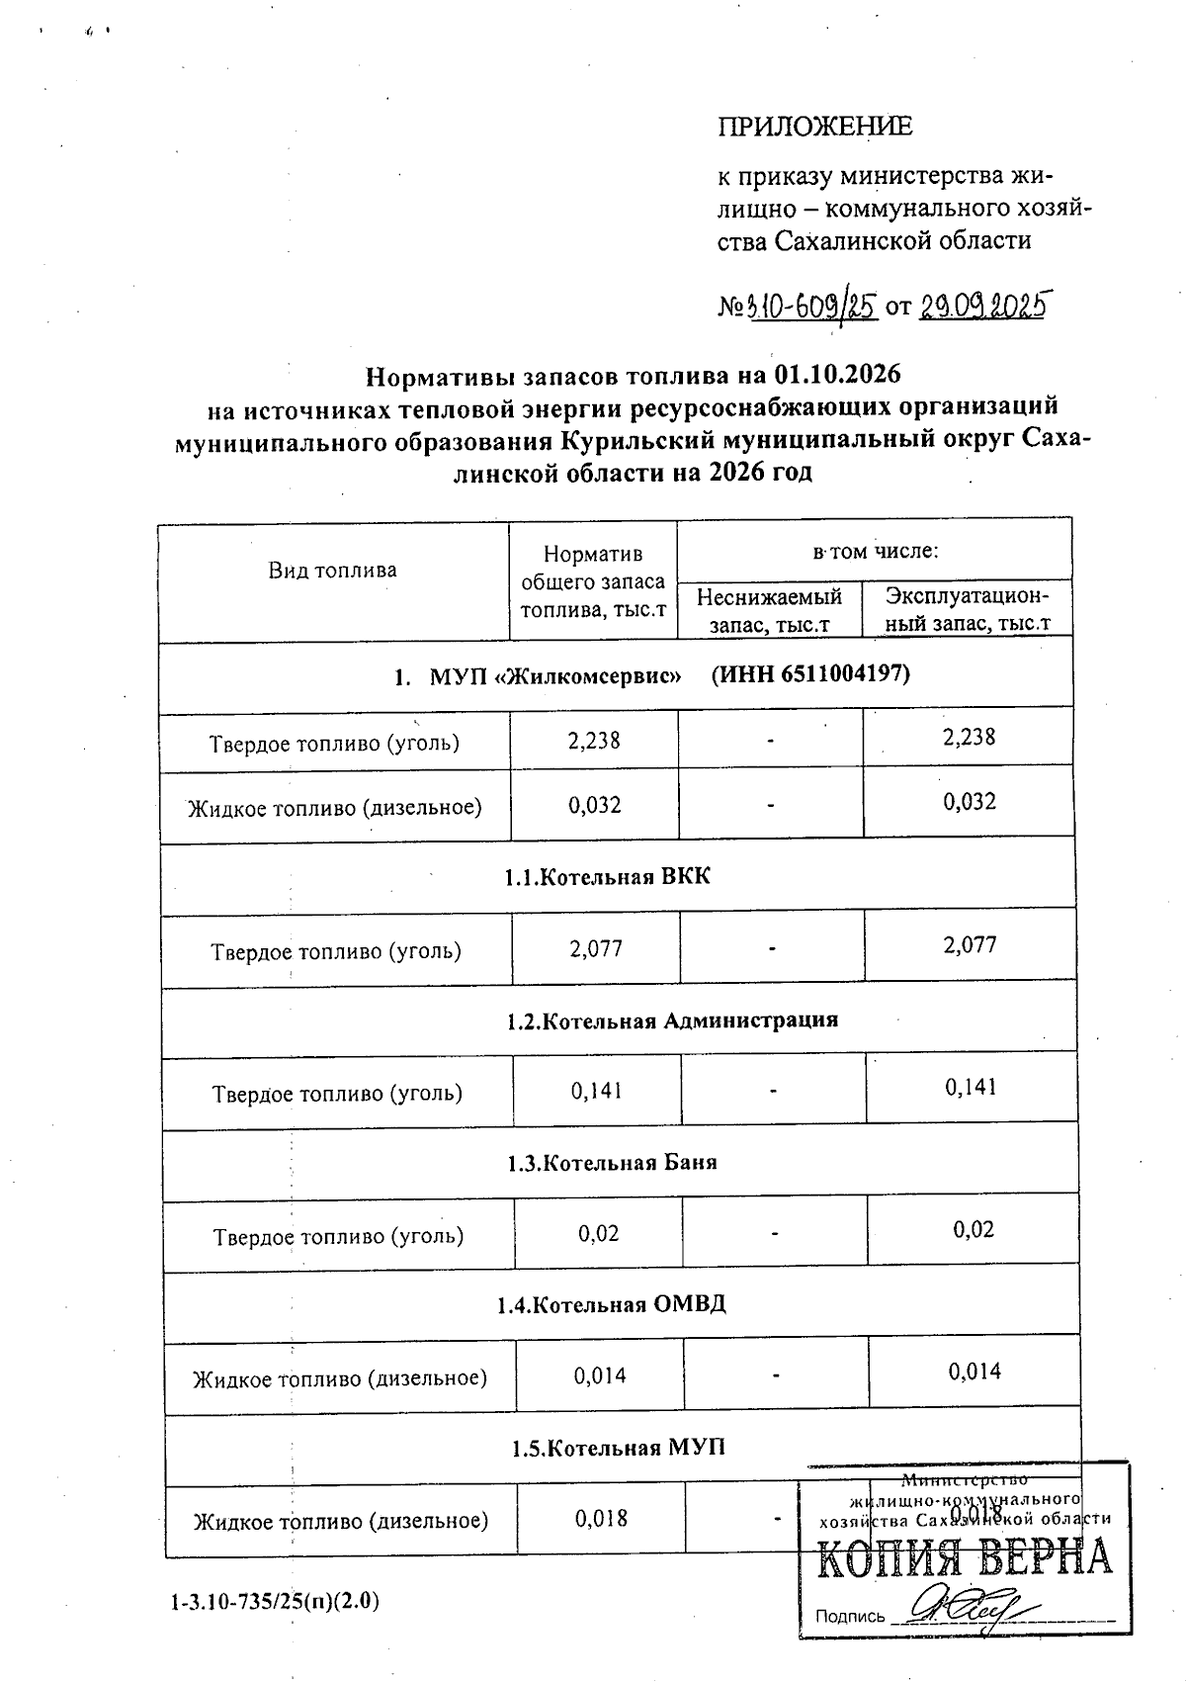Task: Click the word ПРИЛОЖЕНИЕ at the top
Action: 813,127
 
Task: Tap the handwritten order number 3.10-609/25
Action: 813,307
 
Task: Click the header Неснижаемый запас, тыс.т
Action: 769,610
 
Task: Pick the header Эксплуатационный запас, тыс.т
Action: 967,610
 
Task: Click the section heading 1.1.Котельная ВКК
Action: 607,876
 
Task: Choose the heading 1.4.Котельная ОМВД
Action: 611,1304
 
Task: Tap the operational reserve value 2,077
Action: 970,945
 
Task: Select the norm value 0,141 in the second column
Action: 596,1091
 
